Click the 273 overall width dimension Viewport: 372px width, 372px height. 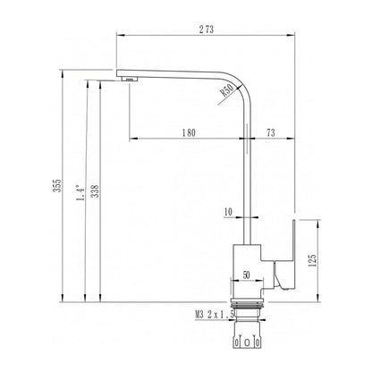tap(207, 30)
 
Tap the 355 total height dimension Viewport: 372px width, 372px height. tap(57, 185)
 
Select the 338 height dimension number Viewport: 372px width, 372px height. tap(95, 191)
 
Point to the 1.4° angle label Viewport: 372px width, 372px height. tap(80, 193)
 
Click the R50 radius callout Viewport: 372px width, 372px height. tap(226, 89)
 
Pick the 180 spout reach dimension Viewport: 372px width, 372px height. tap(189, 132)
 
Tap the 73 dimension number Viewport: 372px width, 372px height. tap(270, 132)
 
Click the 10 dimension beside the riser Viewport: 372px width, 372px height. tap(228, 212)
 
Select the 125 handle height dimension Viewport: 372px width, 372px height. tap(313, 260)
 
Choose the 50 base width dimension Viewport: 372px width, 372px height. tap(246, 275)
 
